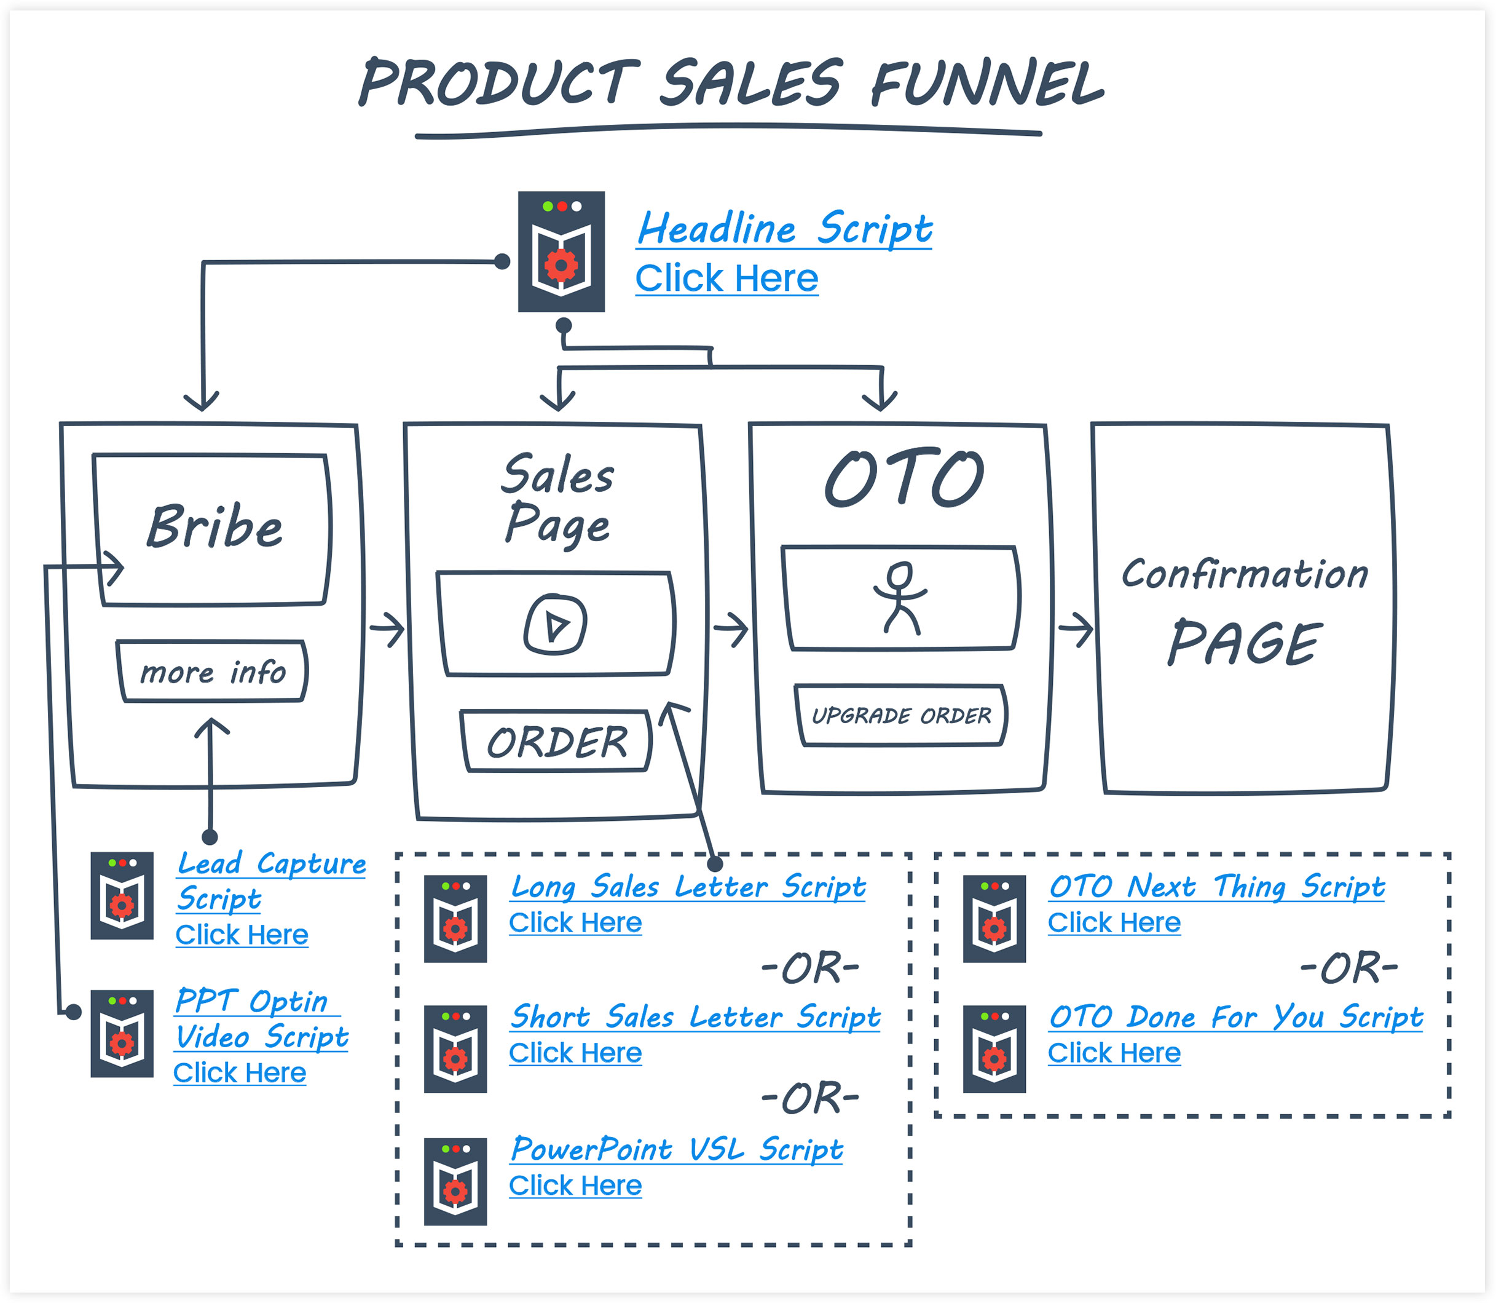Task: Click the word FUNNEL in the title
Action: pos(986,83)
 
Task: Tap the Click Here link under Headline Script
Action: pos(726,279)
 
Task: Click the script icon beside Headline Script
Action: pos(561,251)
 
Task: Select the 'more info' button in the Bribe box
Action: pos(212,671)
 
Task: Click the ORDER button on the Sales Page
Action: pos(557,741)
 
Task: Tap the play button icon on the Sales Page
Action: pos(556,624)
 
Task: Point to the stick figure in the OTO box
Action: pos(900,597)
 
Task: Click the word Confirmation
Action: pos(1244,574)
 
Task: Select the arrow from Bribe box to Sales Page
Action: pos(387,629)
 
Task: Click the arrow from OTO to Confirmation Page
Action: pos(1076,629)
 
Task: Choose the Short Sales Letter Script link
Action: pos(695,1016)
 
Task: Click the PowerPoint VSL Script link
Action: pos(676,1149)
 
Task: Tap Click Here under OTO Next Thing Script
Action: pos(1114,923)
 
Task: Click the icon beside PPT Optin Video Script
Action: pos(122,1033)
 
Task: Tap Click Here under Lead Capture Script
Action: pos(242,935)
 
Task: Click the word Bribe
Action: pos(215,526)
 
